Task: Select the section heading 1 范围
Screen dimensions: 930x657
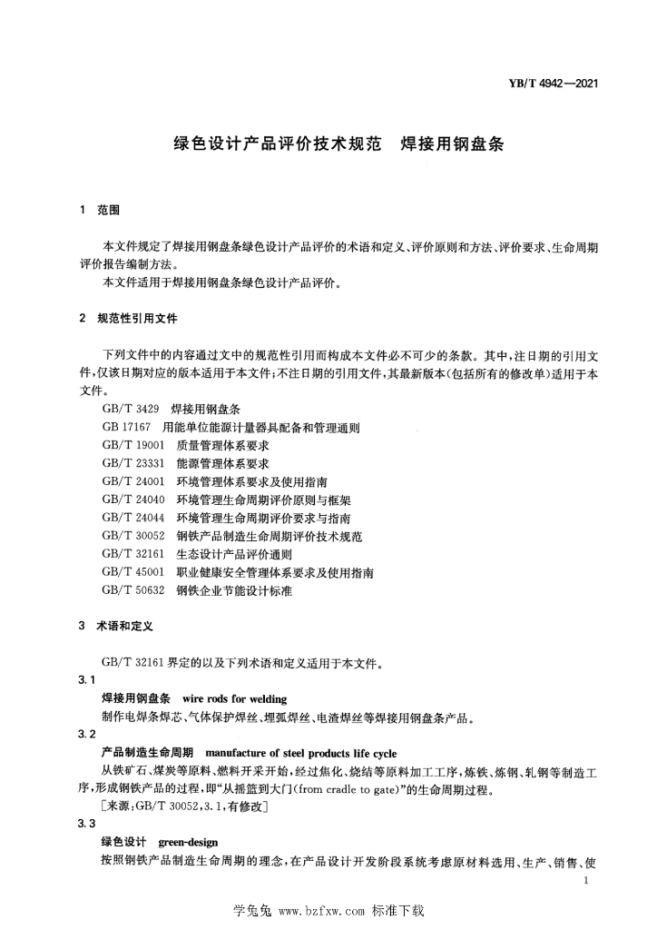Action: pyautogui.click(x=100, y=212)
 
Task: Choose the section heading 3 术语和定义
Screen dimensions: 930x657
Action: pyautogui.click(x=118, y=627)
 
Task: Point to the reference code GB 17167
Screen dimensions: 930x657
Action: pyautogui.click(x=125, y=428)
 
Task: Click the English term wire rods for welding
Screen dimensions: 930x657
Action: pyautogui.click(x=234, y=699)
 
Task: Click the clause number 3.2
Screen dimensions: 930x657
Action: pyautogui.click(x=87, y=734)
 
